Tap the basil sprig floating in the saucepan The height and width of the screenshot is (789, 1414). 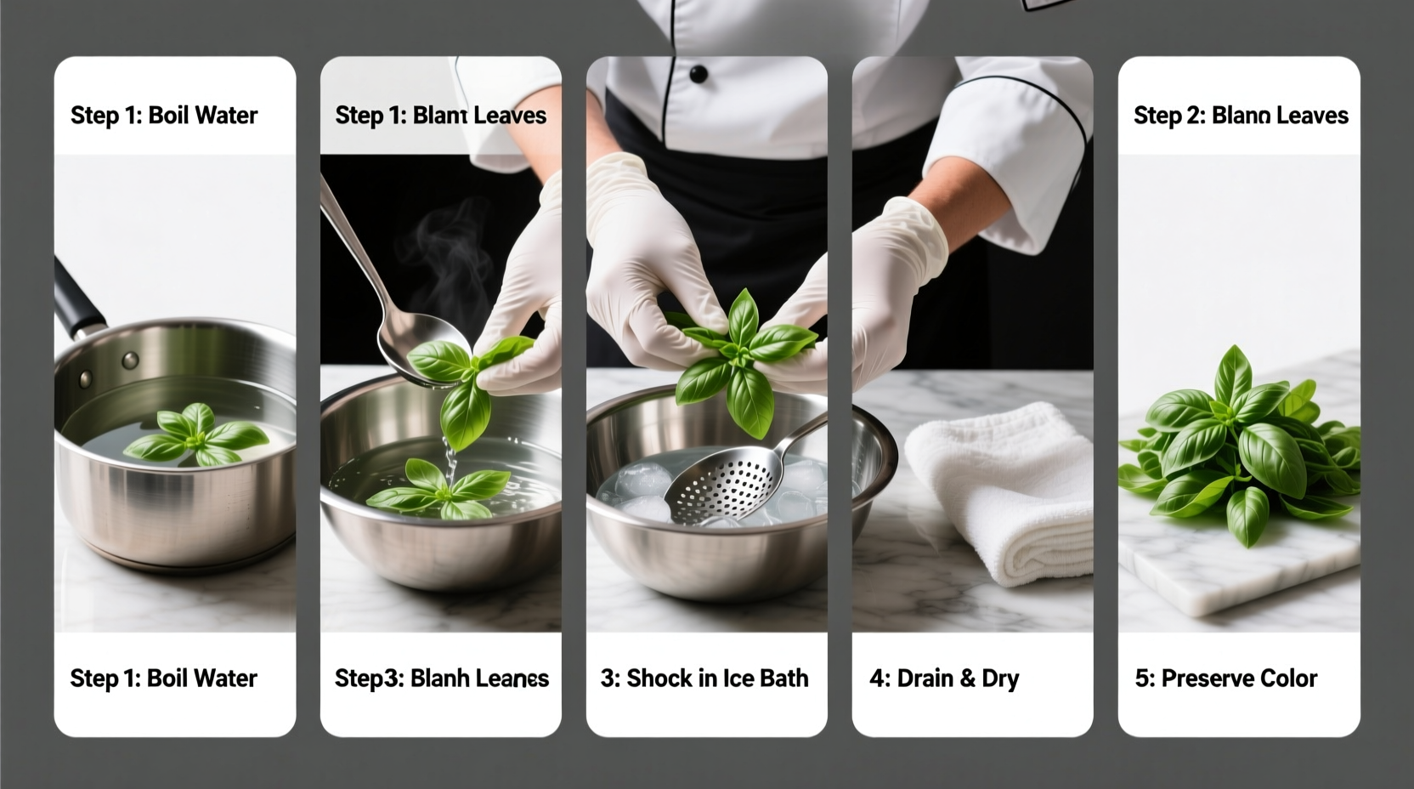(195, 435)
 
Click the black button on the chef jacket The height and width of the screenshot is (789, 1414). (698, 75)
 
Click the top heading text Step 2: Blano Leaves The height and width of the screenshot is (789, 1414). (1241, 116)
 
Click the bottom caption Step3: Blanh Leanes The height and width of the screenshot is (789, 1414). (441, 678)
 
